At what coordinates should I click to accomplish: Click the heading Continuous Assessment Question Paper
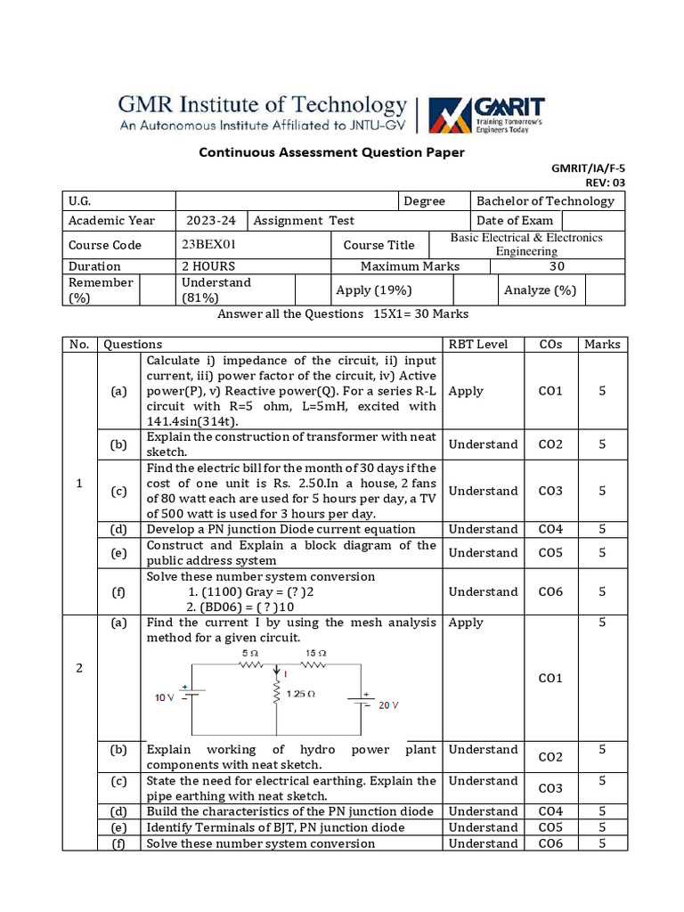pyautogui.click(x=331, y=152)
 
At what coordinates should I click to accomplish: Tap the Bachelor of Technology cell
pyautogui.click(x=545, y=201)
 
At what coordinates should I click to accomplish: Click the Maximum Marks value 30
pyautogui.click(x=557, y=266)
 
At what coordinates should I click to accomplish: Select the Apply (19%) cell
pyautogui.click(x=373, y=289)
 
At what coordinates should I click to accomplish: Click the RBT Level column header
pyautogui.click(x=479, y=345)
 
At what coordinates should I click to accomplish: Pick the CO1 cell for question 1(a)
pyautogui.click(x=550, y=391)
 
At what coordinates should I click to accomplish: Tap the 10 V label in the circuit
pyautogui.click(x=165, y=697)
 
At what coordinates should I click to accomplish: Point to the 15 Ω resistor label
pyautogui.click(x=316, y=653)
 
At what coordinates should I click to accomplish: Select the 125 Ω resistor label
pyautogui.click(x=301, y=693)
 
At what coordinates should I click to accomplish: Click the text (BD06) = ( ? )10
pyautogui.click(x=242, y=607)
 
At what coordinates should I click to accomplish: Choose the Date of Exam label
pyautogui.click(x=515, y=221)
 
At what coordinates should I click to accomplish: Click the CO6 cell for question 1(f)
pyautogui.click(x=550, y=591)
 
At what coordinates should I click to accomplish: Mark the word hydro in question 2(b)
pyautogui.click(x=318, y=750)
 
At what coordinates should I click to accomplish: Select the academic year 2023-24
pyautogui.click(x=211, y=221)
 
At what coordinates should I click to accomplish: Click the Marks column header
pyautogui.click(x=602, y=345)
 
